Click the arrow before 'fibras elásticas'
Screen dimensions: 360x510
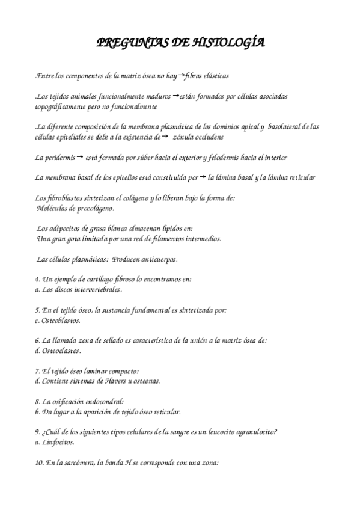pyautogui.click(x=183, y=75)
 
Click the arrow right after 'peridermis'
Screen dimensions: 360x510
pyautogui.click(x=80, y=157)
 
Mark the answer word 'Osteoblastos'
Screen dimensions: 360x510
pyautogui.click(x=63, y=321)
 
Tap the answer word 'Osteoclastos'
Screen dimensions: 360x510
pyautogui.click(x=62, y=351)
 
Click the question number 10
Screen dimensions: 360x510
pyautogui.click(x=39, y=463)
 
